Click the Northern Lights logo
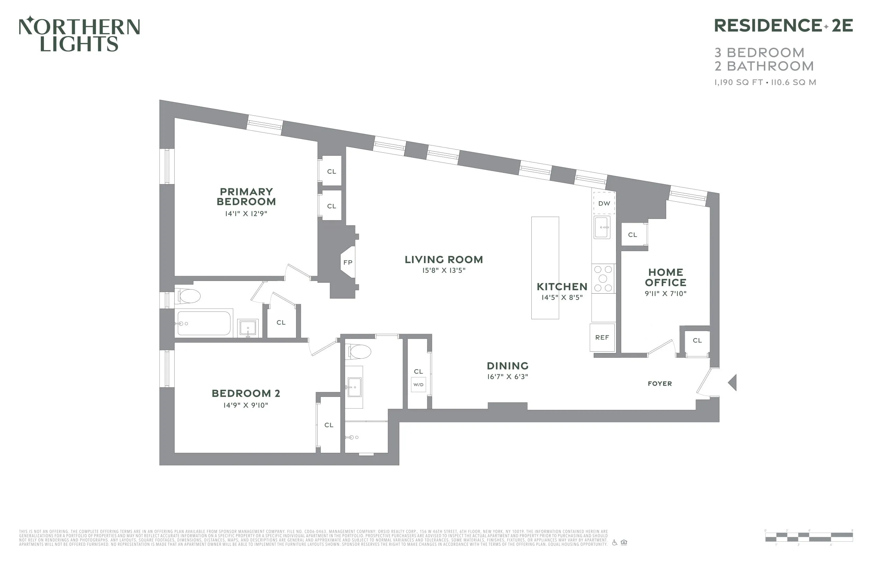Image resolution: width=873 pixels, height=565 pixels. pyautogui.click(x=79, y=34)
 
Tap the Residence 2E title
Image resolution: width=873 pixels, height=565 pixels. pyautogui.click(x=783, y=26)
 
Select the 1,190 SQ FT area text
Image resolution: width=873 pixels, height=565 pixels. pyautogui.click(x=739, y=83)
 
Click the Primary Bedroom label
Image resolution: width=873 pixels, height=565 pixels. pyautogui.click(x=246, y=197)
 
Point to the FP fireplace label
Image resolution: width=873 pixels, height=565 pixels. pyautogui.click(x=348, y=262)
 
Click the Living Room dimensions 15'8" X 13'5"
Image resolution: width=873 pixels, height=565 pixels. pyautogui.click(x=444, y=270)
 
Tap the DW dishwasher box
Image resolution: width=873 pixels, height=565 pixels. pyautogui.click(x=604, y=203)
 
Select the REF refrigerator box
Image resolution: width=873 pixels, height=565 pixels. pyautogui.click(x=602, y=337)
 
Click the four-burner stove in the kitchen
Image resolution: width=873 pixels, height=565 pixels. pyautogui.click(x=603, y=279)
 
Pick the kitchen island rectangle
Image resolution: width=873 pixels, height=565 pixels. pyautogui.click(x=545, y=268)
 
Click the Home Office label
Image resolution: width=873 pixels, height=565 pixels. pyautogui.click(x=665, y=278)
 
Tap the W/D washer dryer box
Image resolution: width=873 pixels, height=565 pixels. pyautogui.click(x=418, y=385)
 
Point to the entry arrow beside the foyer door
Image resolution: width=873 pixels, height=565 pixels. pyautogui.click(x=732, y=382)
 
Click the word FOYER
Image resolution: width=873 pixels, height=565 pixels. pyautogui.click(x=660, y=384)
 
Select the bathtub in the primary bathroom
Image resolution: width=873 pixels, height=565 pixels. pyautogui.click(x=204, y=323)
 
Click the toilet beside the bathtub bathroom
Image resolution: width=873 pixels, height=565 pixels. pyautogui.click(x=188, y=296)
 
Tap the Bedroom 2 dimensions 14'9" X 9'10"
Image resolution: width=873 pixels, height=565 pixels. pyautogui.click(x=246, y=405)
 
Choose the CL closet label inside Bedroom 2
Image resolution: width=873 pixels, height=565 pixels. pyautogui.click(x=329, y=425)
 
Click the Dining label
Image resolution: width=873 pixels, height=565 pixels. pyautogui.click(x=507, y=366)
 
